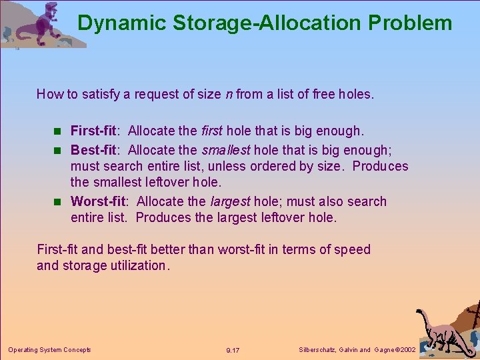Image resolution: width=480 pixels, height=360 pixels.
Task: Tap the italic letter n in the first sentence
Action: coord(229,94)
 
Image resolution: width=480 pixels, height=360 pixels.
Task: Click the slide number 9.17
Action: coord(233,350)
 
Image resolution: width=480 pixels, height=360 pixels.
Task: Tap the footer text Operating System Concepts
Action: coord(49,349)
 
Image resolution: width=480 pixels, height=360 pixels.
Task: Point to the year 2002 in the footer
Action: coord(406,349)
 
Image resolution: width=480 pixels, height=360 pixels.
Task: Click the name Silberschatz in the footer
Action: coord(316,349)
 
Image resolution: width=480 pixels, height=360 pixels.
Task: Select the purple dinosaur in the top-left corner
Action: coord(47,23)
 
